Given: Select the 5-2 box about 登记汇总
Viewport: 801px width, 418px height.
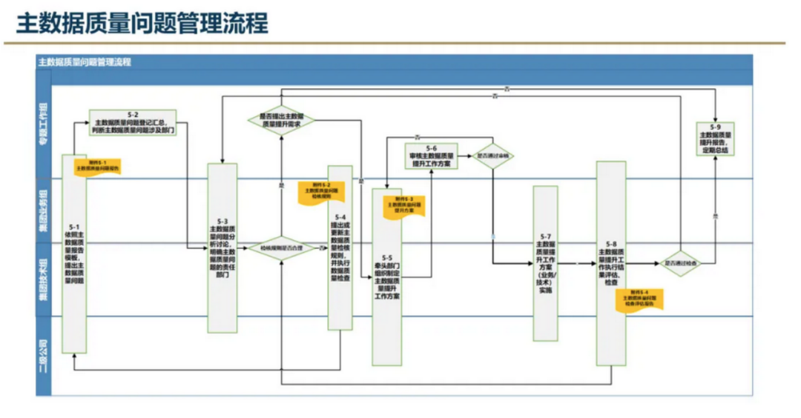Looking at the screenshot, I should click(x=133, y=123).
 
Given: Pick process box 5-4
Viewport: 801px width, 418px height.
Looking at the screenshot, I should click(x=340, y=248).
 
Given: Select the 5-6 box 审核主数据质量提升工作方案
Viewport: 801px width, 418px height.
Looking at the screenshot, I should click(x=432, y=156).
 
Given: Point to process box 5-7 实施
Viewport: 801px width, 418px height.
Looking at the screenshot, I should click(x=545, y=263).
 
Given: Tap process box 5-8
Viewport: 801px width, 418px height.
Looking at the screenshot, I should click(x=610, y=263).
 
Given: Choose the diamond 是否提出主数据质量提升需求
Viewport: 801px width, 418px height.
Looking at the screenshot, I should click(x=280, y=120).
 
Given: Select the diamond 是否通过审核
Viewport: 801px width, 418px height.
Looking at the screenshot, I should click(x=493, y=156).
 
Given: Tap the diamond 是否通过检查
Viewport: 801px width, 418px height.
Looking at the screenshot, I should click(x=679, y=262).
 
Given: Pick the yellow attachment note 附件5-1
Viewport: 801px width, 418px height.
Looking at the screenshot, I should click(x=97, y=165).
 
